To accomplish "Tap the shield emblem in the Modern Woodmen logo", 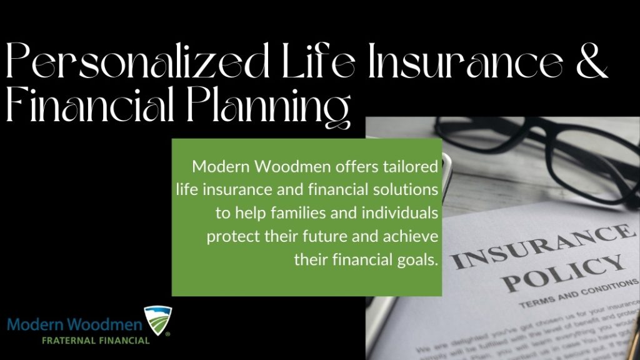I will click(157, 321).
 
